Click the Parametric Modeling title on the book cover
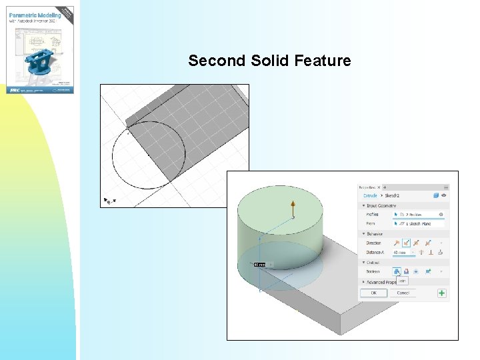[x=35, y=15]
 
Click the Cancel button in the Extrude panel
[x=403, y=293]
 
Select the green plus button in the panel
[x=441, y=293]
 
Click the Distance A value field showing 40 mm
[x=401, y=253]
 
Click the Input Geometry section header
[x=381, y=205]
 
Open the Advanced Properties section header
[x=381, y=282]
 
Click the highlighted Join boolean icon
[x=397, y=271]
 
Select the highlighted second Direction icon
[x=406, y=243]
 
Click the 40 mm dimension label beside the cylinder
[x=259, y=265]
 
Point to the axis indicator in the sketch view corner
[x=108, y=200]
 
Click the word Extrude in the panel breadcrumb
[x=369, y=196]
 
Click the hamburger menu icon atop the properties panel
[x=446, y=187]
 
